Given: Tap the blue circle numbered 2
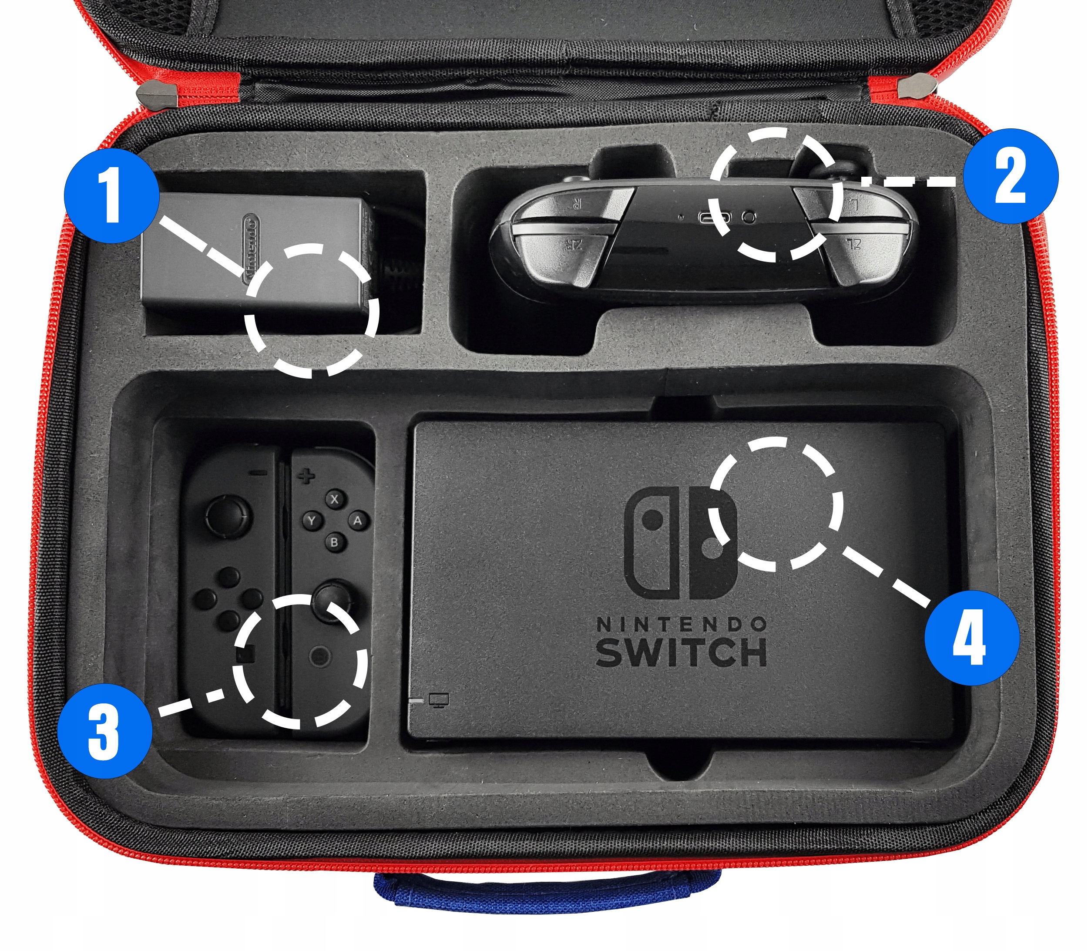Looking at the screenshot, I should tap(1011, 176).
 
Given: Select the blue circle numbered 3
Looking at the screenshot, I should tap(104, 731).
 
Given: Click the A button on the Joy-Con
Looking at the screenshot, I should tap(358, 521).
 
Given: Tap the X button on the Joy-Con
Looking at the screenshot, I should tap(334, 499).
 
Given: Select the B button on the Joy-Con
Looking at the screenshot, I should tap(334, 542).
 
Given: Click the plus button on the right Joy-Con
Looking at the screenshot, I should tap(306, 476).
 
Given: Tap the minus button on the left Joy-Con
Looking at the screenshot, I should tap(259, 472).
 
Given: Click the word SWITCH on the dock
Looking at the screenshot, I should tap(682, 652).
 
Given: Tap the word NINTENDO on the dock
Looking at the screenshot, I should tap(682, 625).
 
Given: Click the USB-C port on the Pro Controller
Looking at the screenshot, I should tap(714, 218).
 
